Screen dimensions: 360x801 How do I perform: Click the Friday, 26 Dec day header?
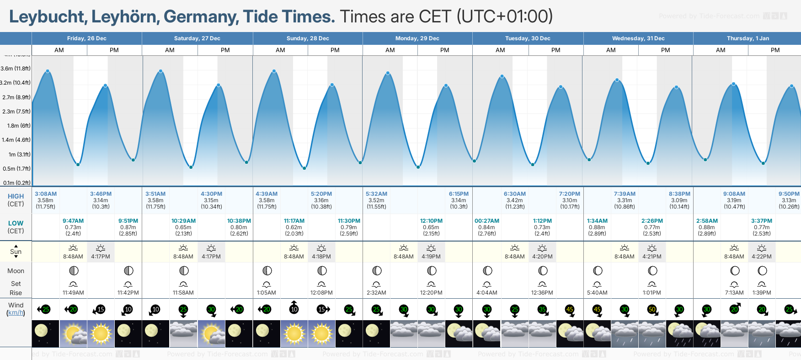pyautogui.click(x=87, y=38)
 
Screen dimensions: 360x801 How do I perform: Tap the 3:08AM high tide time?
pyautogui.click(x=46, y=194)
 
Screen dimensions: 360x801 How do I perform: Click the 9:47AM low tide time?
pyautogui.click(x=73, y=221)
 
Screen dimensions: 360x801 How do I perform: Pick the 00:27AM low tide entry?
pyautogui.click(x=487, y=221)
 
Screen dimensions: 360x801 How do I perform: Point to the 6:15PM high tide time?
pyautogui.click(x=459, y=194)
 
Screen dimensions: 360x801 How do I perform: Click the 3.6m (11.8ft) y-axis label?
pyautogui.click(x=16, y=69)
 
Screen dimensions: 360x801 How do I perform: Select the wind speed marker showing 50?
pyautogui.click(x=652, y=310)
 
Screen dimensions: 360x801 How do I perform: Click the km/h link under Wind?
pyautogui.click(x=16, y=313)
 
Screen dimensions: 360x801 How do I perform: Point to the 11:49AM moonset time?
pyautogui.click(x=73, y=293)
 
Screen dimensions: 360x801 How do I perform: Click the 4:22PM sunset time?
pyautogui.click(x=762, y=257)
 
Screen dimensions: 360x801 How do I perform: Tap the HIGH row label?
pyautogui.click(x=16, y=196)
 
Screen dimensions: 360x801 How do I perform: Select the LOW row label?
pyautogui.click(x=16, y=223)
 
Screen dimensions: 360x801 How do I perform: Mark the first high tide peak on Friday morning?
pyautogui.click(x=48, y=71)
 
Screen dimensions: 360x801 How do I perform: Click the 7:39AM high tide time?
pyautogui.click(x=625, y=194)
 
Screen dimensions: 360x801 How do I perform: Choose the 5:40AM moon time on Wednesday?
pyautogui.click(x=597, y=293)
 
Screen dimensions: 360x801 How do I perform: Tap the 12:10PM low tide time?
pyautogui.click(x=431, y=221)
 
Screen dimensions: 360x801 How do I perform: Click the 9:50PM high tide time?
pyautogui.click(x=789, y=194)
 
